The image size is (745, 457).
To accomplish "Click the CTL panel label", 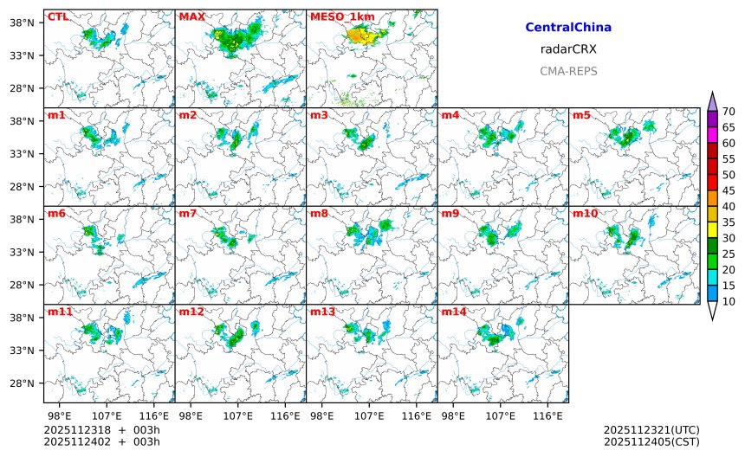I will (x=58, y=16).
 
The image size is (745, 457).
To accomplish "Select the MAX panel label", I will (x=191, y=16).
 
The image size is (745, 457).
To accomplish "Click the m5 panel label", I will (x=582, y=115).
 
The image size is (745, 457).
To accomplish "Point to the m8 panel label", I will (x=320, y=213).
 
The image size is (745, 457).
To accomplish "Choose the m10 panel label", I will (x=586, y=213).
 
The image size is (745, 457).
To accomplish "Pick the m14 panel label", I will (x=454, y=311).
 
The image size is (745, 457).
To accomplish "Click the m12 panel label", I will (x=191, y=311).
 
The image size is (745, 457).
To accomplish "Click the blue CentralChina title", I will (x=568, y=28).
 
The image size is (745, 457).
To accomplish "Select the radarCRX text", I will (x=568, y=49).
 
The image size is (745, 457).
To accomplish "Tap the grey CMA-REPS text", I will (x=568, y=71).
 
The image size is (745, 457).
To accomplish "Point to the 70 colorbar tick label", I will (x=729, y=111).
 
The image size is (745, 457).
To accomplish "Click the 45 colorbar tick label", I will (x=729, y=190).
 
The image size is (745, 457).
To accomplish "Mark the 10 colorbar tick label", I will (x=729, y=301).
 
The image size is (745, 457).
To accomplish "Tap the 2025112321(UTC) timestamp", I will (x=651, y=430).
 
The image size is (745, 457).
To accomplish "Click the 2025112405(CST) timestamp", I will (x=651, y=441).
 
